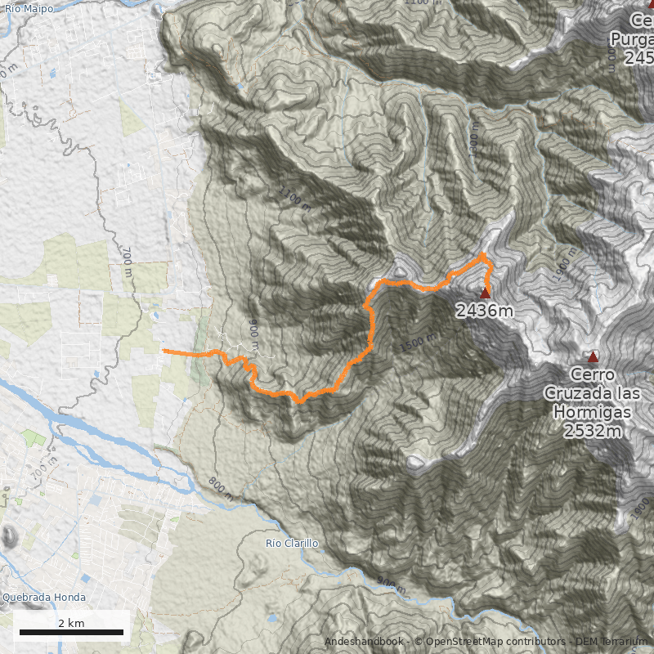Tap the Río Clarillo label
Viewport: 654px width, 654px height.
coord(292,544)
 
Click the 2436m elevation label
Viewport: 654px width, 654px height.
coord(485,311)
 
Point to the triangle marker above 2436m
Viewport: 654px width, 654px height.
coord(485,293)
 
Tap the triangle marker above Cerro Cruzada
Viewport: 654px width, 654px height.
coord(593,357)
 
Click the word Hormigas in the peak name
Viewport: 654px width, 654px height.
coord(593,413)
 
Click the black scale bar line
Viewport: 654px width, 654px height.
coord(71,633)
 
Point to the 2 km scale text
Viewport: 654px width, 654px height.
coord(71,623)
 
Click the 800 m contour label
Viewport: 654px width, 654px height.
coord(219,488)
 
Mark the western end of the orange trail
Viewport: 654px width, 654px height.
coord(164,351)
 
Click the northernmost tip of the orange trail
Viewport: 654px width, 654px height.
coord(483,255)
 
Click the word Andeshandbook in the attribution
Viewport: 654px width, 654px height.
coord(363,642)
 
